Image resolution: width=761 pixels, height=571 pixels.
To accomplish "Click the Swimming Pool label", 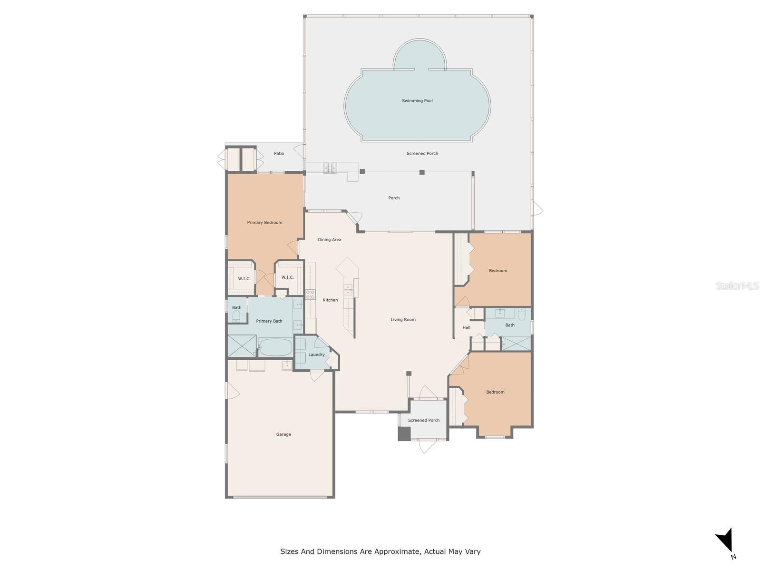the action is [x=417, y=101].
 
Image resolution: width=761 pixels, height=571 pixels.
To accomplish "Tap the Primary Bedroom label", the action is [x=264, y=223].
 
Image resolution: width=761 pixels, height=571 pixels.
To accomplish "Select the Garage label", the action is [x=283, y=434].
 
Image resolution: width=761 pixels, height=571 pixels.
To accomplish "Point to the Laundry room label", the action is [x=316, y=354].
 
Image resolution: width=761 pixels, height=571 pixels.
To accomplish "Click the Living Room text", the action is [x=403, y=320].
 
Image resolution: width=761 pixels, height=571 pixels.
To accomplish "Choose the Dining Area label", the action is [x=329, y=239].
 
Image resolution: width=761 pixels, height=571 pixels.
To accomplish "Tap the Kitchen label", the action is [x=330, y=300].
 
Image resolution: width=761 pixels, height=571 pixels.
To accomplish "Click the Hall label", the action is [x=466, y=328].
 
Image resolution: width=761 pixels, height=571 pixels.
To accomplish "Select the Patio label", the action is [x=279, y=153].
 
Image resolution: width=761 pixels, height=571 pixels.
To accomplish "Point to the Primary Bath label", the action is [x=269, y=321].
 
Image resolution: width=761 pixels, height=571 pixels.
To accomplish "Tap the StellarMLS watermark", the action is [x=737, y=285].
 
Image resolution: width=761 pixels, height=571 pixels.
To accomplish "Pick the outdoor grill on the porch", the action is [x=330, y=168].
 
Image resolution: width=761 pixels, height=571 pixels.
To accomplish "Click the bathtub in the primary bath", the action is [x=275, y=347].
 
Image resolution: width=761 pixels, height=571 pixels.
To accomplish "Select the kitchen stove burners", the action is [x=310, y=295].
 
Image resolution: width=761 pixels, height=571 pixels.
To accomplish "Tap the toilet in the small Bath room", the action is [x=236, y=316].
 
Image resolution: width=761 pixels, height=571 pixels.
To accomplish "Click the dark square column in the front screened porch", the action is [x=404, y=433].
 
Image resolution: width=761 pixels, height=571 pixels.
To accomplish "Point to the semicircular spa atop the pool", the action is [x=419, y=54].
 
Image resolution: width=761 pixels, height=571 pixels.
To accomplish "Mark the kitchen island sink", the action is [x=348, y=290].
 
